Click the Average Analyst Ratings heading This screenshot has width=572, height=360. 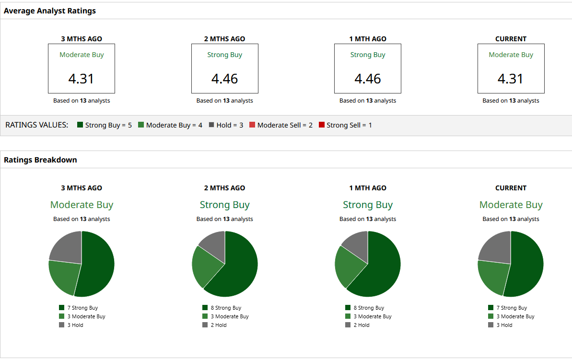(x=50, y=11)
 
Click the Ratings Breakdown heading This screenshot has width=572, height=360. (x=40, y=160)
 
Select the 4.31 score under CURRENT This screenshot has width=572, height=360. (x=510, y=79)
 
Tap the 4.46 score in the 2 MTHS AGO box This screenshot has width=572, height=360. (x=224, y=79)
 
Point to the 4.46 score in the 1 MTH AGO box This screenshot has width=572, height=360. (x=367, y=79)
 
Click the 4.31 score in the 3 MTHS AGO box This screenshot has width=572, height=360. (x=81, y=79)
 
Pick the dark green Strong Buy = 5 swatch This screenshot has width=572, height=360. (x=80, y=125)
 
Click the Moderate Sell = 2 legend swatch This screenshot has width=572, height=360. (x=252, y=125)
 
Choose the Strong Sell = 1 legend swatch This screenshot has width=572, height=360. (x=322, y=125)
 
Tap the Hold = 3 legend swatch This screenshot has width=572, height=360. (x=211, y=125)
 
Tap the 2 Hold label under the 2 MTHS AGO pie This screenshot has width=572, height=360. (x=219, y=325)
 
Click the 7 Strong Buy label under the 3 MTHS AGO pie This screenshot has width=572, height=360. (x=82, y=308)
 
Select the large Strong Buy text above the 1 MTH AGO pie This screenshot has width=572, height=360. (x=367, y=205)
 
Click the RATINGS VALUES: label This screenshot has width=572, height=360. (x=37, y=125)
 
